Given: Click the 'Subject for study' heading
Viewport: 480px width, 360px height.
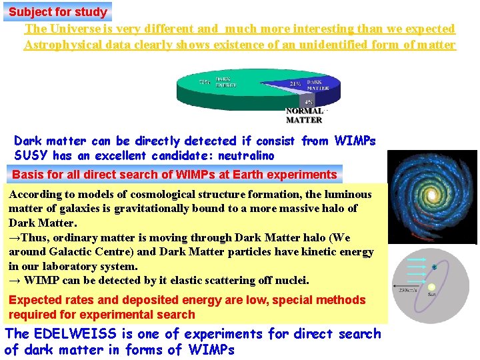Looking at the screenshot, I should click(57, 11).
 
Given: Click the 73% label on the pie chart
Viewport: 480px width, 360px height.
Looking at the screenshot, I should click(205, 82).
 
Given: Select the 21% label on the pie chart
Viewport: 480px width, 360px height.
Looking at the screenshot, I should click(295, 84).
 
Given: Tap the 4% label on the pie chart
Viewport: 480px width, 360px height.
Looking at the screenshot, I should click(309, 102).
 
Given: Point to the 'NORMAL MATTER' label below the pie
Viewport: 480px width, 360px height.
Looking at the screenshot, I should click(304, 115).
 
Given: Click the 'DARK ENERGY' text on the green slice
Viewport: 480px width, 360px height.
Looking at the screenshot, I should click(225, 82).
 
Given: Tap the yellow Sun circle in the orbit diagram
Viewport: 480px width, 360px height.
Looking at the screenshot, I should click(432, 287).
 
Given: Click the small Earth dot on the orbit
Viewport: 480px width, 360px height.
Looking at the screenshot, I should click(434, 267).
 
